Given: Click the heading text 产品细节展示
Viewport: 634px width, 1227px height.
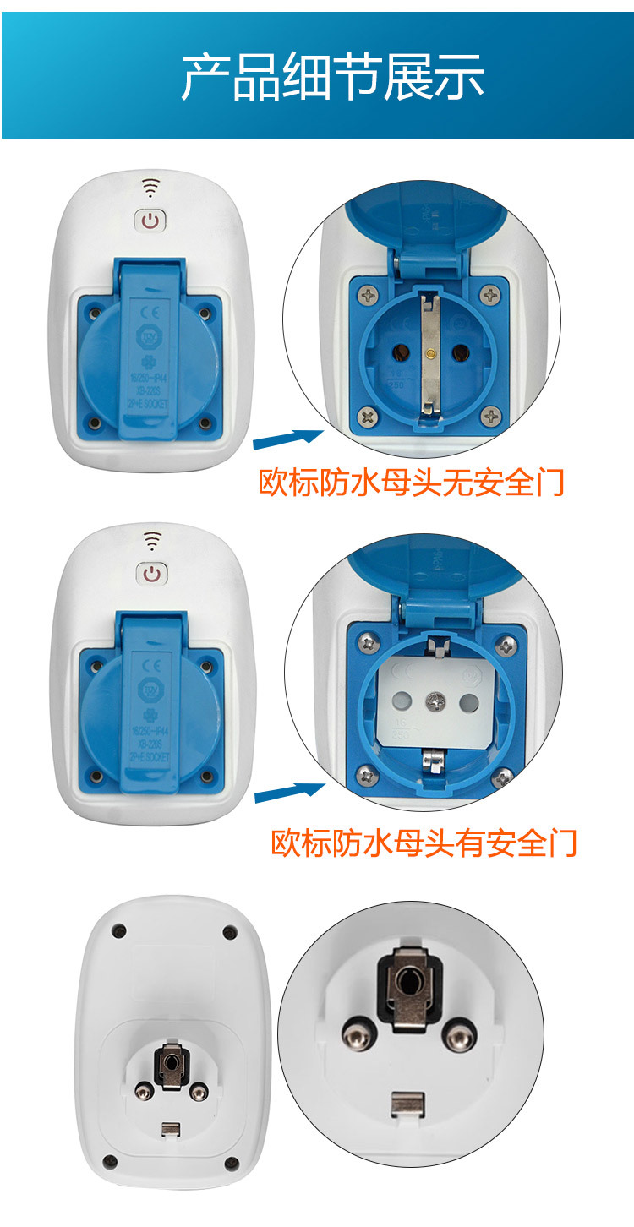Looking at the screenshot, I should click(x=332, y=77).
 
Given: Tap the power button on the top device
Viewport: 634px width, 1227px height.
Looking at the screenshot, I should click(x=150, y=221).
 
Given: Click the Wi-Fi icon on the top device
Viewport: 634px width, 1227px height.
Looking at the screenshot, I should click(x=150, y=187).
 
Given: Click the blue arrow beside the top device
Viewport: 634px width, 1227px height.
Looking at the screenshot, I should click(x=287, y=439).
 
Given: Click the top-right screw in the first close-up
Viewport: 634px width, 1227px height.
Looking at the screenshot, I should click(x=491, y=294).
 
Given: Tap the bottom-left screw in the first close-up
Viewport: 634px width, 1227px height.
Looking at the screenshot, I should click(x=368, y=415).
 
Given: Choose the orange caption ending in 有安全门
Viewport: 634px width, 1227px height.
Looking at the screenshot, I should click(x=424, y=843).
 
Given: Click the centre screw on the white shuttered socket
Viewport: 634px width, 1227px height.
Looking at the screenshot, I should click(x=437, y=701).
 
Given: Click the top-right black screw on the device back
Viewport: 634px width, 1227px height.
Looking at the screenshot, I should click(x=229, y=932).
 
